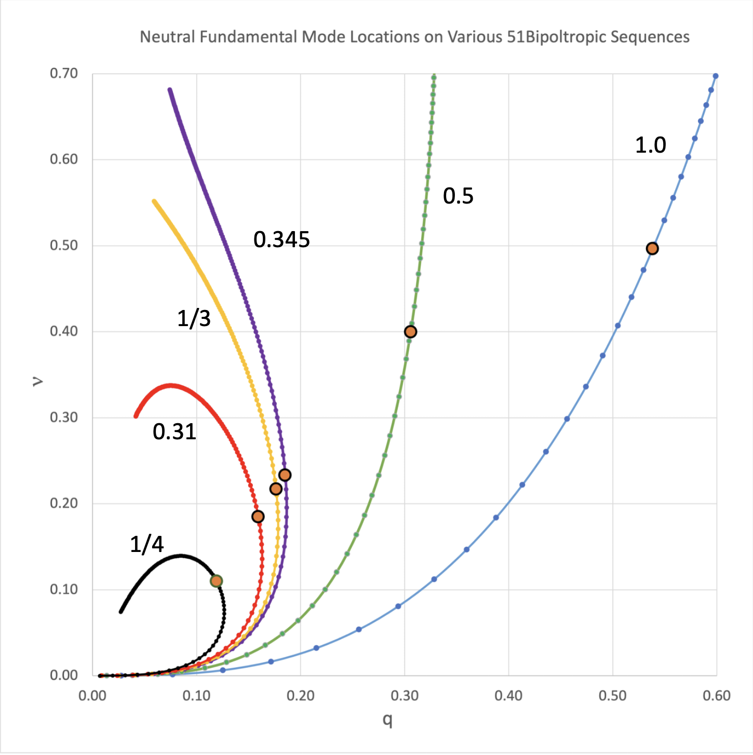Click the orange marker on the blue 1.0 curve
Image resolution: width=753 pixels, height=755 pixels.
point(652,249)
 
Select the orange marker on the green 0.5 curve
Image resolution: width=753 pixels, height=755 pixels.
point(410,332)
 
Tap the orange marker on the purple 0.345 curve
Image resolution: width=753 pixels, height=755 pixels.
point(285,475)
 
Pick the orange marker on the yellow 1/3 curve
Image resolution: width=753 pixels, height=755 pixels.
point(276,489)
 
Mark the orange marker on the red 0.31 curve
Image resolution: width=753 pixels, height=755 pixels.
point(258,517)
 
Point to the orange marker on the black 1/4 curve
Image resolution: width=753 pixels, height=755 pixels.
point(217,581)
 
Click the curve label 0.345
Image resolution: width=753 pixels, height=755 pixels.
point(281,240)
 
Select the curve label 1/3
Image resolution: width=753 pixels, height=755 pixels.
point(194,318)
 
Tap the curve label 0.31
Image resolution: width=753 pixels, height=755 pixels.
point(174,432)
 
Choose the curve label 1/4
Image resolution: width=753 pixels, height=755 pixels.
point(146,545)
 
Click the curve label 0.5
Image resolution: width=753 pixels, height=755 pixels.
point(458,196)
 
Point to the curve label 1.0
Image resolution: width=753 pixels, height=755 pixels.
point(650,145)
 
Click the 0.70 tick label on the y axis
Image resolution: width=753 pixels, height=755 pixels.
point(64,74)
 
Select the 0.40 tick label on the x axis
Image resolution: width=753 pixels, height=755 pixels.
point(508,696)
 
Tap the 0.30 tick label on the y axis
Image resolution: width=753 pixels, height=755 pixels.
point(64,417)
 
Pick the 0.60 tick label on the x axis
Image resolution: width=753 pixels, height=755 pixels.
point(717,696)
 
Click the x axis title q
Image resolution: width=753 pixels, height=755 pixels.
point(387,720)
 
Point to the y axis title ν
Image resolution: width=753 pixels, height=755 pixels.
point(37,382)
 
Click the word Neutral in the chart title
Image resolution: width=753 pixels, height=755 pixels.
point(167,37)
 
